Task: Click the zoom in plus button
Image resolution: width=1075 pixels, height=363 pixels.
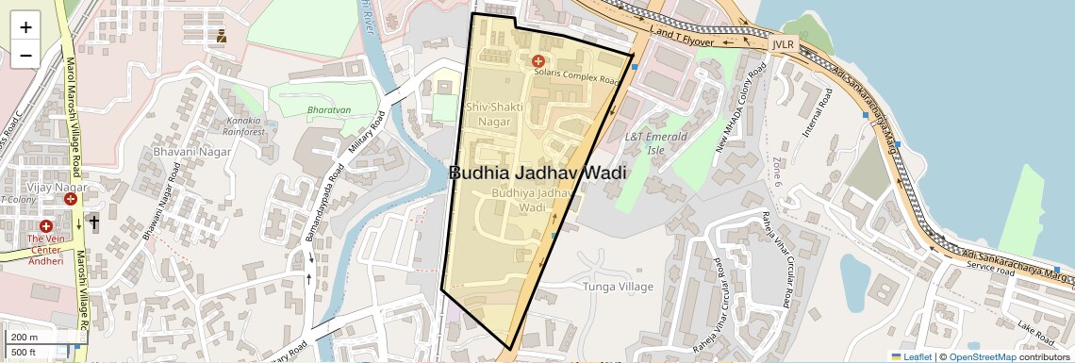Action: tap(25, 26)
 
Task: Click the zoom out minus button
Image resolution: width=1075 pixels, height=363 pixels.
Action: tap(25, 55)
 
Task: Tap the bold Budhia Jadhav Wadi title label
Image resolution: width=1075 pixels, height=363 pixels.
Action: tap(537, 173)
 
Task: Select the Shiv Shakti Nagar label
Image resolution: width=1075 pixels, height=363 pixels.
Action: tap(488, 114)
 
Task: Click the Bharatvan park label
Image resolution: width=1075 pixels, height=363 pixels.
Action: tap(329, 109)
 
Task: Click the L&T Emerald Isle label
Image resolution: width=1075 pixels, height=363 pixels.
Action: tap(657, 142)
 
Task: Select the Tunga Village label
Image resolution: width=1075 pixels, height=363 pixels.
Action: tap(619, 285)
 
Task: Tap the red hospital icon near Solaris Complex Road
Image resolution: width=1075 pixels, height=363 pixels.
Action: tap(537, 60)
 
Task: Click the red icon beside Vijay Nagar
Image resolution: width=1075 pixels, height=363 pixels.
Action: tap(71, 199)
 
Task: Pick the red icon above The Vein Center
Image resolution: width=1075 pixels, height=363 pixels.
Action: tap(45, 226)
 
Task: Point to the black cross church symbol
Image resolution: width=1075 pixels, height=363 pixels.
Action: tap(92, 223)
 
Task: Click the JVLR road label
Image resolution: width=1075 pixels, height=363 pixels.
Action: tap(783, 44)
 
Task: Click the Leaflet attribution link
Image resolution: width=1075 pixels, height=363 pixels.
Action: tap(911, 356)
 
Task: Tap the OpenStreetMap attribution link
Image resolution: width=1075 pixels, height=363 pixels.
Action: tap(982, 356)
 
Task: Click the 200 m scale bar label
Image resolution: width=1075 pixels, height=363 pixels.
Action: tap(25, 337)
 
